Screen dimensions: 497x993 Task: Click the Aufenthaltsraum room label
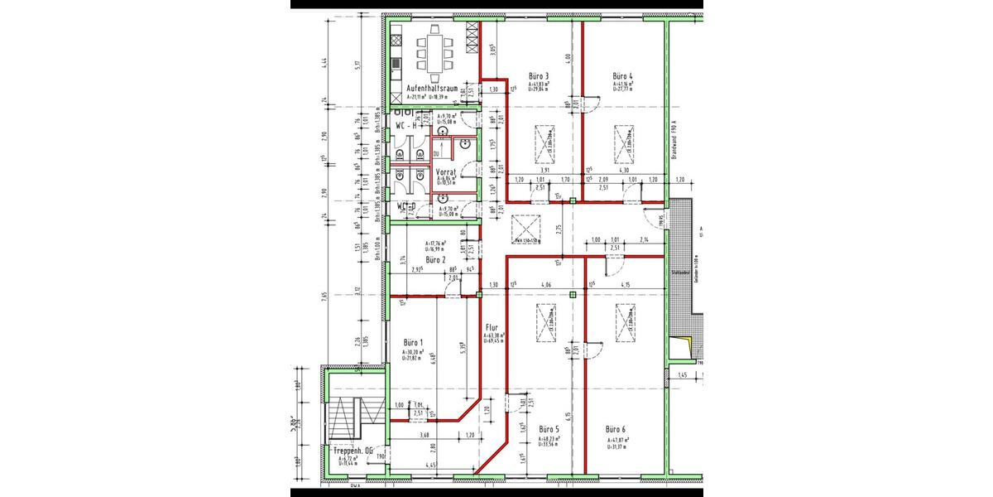[x=432, y=88]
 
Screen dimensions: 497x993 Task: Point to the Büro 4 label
[x=622, y=75]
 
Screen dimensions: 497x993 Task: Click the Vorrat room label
[x=447, y=172]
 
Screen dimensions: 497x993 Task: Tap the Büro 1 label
[x=414, y=342]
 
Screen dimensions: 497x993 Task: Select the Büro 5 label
[x=549, y=429]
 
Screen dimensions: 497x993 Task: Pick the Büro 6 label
[x=616, y=429]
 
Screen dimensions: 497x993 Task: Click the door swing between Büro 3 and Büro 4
[x=592, y=104]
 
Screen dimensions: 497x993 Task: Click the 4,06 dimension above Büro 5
[x=546, y=286]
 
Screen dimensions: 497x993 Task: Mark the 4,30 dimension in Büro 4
[x=625, y=171]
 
